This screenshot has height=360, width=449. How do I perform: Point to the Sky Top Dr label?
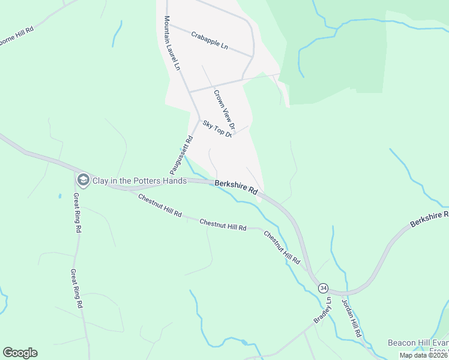click(x=217, y=128)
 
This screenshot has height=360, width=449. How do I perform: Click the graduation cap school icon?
click(x=82, y=179)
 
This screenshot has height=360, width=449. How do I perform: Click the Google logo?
click(x=20, y=353)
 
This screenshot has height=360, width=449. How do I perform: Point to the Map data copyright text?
click(x=423, y=355)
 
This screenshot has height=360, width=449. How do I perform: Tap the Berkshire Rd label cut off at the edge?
click(x=429, y=219)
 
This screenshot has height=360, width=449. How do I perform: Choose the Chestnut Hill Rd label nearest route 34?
click(x=282, y=247)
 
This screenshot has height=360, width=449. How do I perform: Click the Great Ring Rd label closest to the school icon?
click(x=77, y=212)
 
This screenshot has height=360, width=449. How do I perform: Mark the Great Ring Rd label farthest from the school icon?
click(x=76, y=289)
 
